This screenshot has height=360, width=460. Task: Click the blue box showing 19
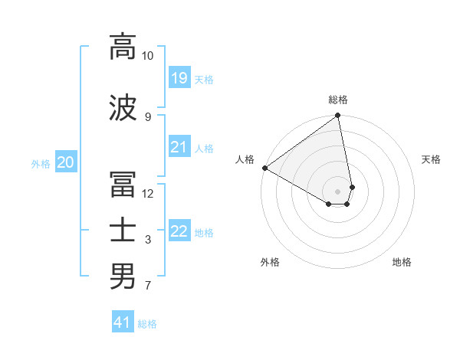point(179,77)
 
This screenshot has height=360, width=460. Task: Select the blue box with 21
point(179,147)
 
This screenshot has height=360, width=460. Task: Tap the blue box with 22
point(179,231)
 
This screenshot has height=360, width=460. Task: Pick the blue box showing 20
point(66,162)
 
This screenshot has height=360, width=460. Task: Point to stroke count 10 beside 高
point(147,56)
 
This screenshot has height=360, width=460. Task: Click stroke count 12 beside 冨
point(147,193)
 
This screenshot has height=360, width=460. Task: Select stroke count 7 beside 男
point(147,286)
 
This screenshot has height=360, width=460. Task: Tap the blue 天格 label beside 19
point(204,79)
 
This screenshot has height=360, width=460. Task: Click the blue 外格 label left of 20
point(41,163)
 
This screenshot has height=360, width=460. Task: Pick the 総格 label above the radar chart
point(338,100)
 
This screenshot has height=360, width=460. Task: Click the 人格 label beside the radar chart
point(245,159)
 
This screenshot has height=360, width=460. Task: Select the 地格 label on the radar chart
point(402,262)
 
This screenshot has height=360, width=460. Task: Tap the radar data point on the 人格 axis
point(264,168)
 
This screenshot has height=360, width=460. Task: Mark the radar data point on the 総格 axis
point(338,116)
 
